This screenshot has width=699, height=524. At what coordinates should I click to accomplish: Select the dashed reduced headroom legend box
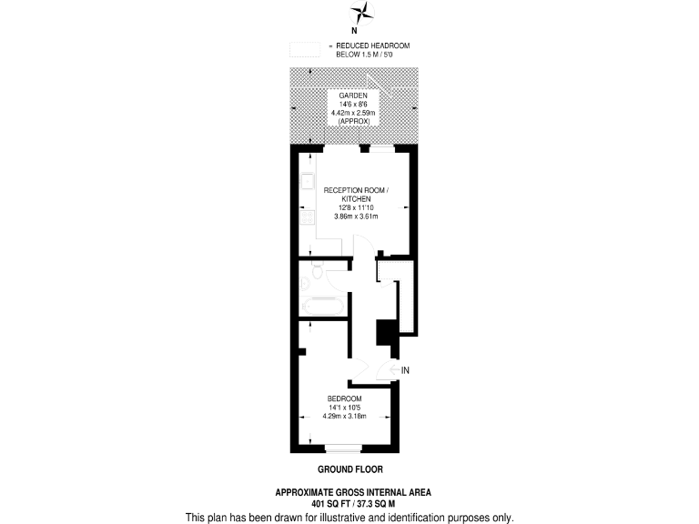(307, 50)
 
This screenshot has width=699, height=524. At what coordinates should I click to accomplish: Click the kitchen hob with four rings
(307, 217)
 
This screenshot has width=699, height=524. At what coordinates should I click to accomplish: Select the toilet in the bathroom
(315, 270)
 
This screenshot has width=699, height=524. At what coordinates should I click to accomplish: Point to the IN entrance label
(406, 370)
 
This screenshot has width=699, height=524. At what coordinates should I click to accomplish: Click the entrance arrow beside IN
(390, 370)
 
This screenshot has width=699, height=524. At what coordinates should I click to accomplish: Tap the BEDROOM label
(345, 399)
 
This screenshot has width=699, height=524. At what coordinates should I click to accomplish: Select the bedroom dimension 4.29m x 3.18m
(345, 417)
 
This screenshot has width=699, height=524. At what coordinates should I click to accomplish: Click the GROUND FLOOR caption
(349, 469)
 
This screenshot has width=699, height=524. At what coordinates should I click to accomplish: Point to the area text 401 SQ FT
(331, 503)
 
